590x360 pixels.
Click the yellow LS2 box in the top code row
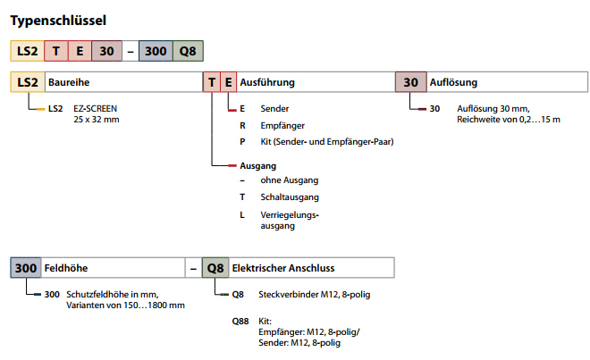(x=26, y=51)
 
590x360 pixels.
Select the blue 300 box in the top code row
(x=155, y=51)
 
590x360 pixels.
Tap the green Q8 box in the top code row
(x=187, y=51)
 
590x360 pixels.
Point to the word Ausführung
(x=269, y=82)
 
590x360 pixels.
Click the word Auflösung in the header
(x=454, y=82)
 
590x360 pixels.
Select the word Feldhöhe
(x=71, y=267)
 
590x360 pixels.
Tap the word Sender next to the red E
(x=274, y=108)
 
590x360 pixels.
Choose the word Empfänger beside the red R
(x=282, y=125)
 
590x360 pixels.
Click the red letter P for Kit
(x=241, y=141)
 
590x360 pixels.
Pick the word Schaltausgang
(x=290, y=197)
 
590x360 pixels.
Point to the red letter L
(x=241, y=214)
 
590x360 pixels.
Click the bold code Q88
(x=240, y=319)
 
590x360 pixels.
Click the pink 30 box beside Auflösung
(x=410, y=82)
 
